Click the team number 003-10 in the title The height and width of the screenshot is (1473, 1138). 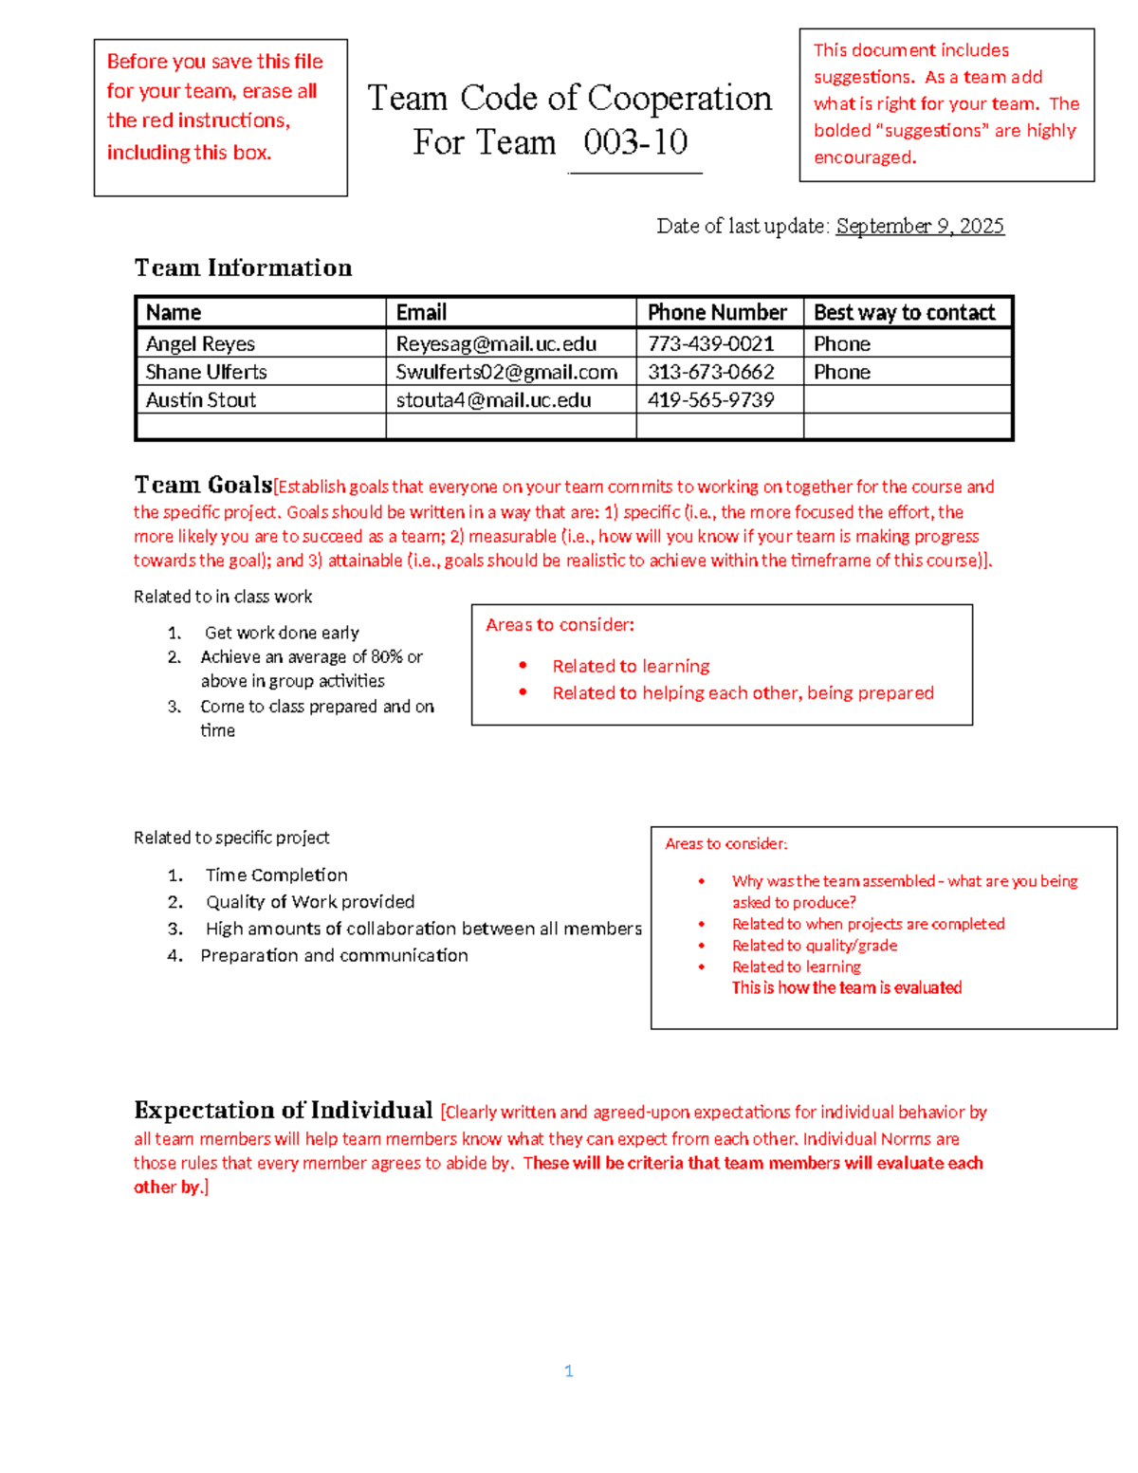pos(635,142)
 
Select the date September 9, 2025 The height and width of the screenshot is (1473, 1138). pos(919,226)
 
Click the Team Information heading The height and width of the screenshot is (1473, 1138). pos(243,267)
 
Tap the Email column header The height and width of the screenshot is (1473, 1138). pos(421,312)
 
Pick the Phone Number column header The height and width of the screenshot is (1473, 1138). pos(717,312)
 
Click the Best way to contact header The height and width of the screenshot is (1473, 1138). pos(904,312)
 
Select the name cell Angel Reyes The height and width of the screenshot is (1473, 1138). pos(200,343)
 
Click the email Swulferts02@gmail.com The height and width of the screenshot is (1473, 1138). pos(506,372)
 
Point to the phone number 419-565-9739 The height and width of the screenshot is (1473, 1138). pos(710,400)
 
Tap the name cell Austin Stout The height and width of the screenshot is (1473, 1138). pos(200,400)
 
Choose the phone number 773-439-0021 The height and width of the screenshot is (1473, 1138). pos(710,343)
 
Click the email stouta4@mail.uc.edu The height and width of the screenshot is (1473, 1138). pos(493,400)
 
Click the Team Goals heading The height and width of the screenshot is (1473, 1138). pos(203,485)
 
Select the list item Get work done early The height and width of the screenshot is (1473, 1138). pos(282,633)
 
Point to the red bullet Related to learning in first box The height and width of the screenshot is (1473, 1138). pos(631,666)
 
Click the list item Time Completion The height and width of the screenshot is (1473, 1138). pos(276,875)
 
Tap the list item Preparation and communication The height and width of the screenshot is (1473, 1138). pos(334,955)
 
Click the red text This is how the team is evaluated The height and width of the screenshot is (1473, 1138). pos(846,987)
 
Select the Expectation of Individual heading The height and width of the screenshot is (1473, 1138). pos(283,1110)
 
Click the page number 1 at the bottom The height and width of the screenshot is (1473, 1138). pos(568,1371)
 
